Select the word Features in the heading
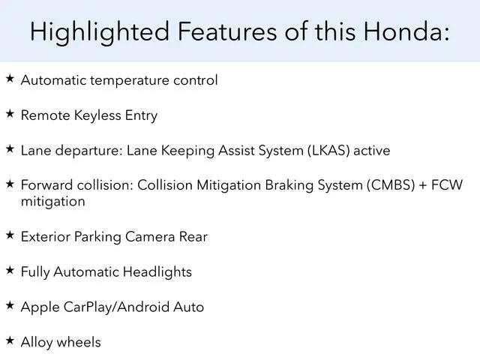(227, 31)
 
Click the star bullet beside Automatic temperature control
(10, 79)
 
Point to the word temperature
(130, 81)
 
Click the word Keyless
(97, 116)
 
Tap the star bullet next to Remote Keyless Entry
(10, 114)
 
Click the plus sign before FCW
(423, 185)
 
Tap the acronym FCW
(447, 185)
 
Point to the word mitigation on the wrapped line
(53, 202)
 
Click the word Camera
(150, 237)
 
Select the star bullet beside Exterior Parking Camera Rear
(10, 235)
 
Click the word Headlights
(157, 272)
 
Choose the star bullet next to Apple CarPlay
(10, 305)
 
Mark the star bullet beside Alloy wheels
(10, 340)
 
